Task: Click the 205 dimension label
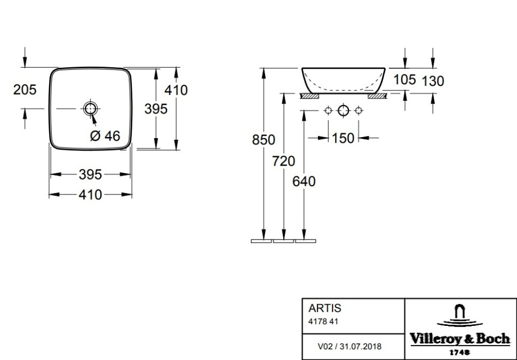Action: [25, 90]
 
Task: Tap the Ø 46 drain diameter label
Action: [105, 136]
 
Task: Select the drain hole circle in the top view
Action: [90, 108]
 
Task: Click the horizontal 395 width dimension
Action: [90, 175]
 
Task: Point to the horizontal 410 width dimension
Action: [90, 194]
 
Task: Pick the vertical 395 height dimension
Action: [156, 109]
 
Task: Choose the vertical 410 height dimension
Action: [176, 90]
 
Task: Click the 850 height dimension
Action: [263, 140]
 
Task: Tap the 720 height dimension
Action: [283, 161]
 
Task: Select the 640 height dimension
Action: [303, 181]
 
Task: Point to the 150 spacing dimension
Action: [343, 138]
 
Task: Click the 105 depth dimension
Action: [405, 80]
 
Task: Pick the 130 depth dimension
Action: [433, 80]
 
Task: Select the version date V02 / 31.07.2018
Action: [350, 346]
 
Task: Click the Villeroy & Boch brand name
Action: [460, 339]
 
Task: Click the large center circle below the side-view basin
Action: [343, 110]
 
